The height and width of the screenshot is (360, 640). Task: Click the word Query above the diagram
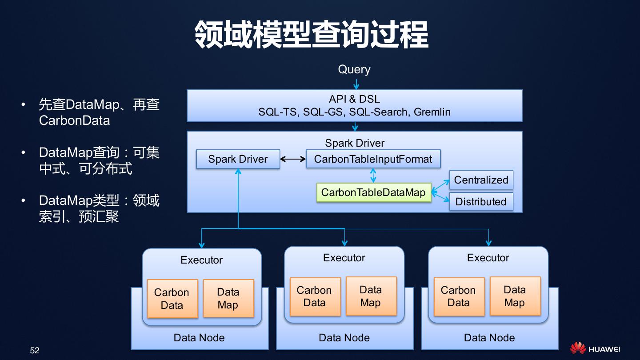point(354,70)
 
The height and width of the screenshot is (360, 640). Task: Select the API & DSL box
point(355,106)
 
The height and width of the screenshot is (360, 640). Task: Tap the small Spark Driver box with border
point(238,159)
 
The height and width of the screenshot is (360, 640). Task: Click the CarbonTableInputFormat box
point(373,159)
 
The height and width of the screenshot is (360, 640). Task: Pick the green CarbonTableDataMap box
point(374,192)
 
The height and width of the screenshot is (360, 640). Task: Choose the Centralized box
point(481,180)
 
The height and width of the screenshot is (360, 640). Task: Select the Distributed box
point(481,201)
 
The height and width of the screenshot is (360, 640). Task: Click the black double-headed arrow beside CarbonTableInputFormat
point(293,159)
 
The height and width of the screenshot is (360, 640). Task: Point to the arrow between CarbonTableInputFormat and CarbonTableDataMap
point(373,176)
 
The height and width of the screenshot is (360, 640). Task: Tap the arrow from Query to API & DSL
point(356,84)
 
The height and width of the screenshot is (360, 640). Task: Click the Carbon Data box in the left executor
point(172,299)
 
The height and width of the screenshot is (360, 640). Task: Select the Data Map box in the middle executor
point(371,296)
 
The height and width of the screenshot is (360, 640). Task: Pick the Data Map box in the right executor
point(515,296)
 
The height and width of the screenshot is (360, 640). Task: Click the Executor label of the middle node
point(344,258)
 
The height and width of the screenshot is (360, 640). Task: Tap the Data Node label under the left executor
point(199,338)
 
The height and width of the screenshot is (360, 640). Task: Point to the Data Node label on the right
point(489,338)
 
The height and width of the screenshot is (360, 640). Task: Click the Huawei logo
point(595,348)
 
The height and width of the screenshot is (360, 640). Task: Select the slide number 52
point(35,350)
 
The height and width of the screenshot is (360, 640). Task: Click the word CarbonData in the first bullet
point(75,120)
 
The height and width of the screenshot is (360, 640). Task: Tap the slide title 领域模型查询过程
point(312,34)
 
